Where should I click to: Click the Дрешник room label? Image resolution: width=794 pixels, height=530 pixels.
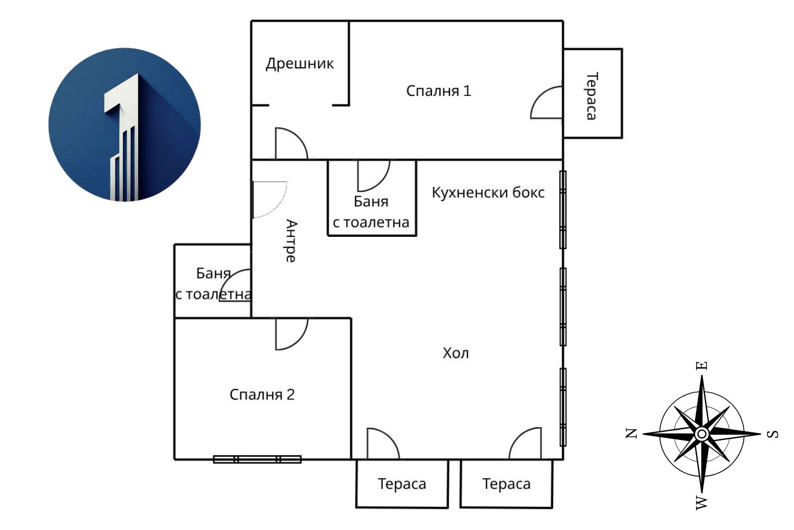[x=300, y=64]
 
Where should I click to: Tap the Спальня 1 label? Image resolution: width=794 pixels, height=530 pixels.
[x=438, y=91]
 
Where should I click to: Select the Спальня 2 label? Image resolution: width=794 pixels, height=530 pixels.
[x=262, y=395]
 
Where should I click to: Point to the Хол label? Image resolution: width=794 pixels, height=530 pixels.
[x=456, y=354]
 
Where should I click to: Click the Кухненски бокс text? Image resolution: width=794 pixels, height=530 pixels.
[x=488, y=192]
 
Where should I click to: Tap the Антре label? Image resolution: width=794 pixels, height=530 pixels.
[x=291, y=241]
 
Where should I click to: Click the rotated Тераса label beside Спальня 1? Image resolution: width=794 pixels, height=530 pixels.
[x=592, y=96]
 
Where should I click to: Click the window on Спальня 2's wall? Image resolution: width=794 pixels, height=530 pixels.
[x=257, y=460]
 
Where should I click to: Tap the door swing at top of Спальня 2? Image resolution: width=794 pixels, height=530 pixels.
[x=291, y=333]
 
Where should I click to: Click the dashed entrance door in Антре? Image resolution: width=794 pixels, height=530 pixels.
[x=269, y=199]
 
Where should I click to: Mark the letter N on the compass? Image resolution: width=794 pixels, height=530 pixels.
[x=631, y=434]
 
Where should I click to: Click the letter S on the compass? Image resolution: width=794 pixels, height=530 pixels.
[x=773, y=434]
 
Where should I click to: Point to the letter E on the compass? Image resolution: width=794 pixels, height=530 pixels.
[x=702, y=366]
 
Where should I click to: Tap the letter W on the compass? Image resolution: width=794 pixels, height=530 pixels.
[x=702, y=502]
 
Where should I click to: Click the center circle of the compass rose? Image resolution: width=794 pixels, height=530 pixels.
[x=702, y=434]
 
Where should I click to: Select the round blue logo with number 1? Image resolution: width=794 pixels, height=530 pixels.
[x=125, y=125]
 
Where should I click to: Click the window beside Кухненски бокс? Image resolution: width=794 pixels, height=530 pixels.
[x=563, y=209]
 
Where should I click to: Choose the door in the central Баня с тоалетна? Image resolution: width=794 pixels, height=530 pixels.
[x=373, y=175]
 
